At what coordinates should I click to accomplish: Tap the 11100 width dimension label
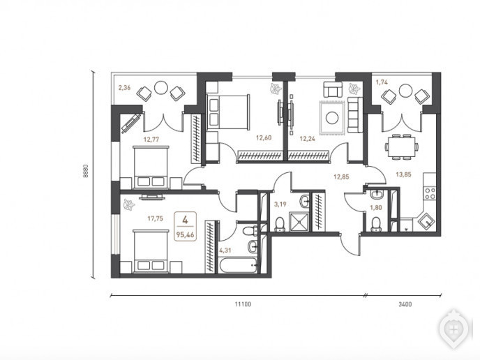pyautogui.click(x=243, y=304)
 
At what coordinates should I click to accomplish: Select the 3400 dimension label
pyautogui.click(x=405, y=304)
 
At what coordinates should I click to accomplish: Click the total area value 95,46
pyautogui.click(x=185, y=235)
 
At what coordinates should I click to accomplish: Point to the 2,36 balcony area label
pyautogui.click(x=125, y=88)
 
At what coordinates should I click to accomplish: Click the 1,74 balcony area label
pyautogui.click(x=382, y=82)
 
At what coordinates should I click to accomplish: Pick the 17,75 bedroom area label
pyautogui.click(x=155, y=218)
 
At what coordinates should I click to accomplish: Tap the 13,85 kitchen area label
pyautogui.click(x=403, y=174)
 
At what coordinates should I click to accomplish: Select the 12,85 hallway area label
pyautogui.click(x=341, y=177)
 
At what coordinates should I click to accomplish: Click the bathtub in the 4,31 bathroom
pyautogui.click(x=238, y=265)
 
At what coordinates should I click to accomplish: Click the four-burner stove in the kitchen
pyautogui.click(x=430, y=193)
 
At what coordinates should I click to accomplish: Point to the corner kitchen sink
pyautogui.click(x=427, y=221)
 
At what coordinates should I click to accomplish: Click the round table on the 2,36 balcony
pyautogui.click(x=160, y=87)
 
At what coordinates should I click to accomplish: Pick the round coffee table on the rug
pyautogui.click(x=332, y=118)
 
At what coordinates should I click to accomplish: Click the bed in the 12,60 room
pyautogui.click(x=228, y=111)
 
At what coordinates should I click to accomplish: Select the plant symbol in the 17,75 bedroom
pyautogui.click(x=128, y=204)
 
